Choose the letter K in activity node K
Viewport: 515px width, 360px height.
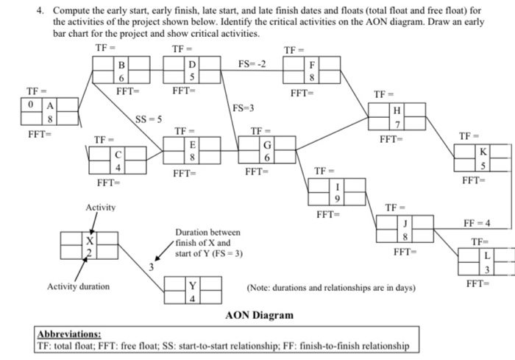tap(483, 152)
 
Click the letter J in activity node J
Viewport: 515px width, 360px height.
tap(404, 222)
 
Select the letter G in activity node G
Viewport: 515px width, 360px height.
tap(268, 145)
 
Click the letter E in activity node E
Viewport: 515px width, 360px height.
tap(193, 145)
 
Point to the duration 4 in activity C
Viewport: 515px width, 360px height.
tap(117, 167)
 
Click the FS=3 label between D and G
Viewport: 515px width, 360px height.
tap(243, 108)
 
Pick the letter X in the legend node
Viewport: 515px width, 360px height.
tap(89, 240)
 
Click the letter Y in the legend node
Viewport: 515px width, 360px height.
tap(193, 286)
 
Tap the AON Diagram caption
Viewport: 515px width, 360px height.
tap(258, 315)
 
